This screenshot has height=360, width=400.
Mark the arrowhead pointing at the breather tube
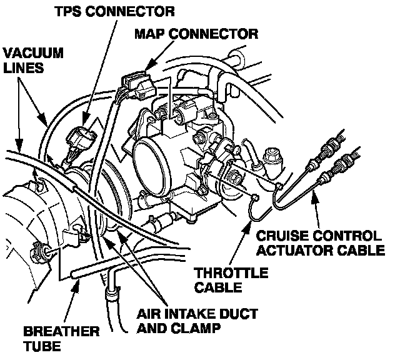pos(76,285)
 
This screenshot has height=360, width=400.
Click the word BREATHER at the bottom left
pos(52,331)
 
